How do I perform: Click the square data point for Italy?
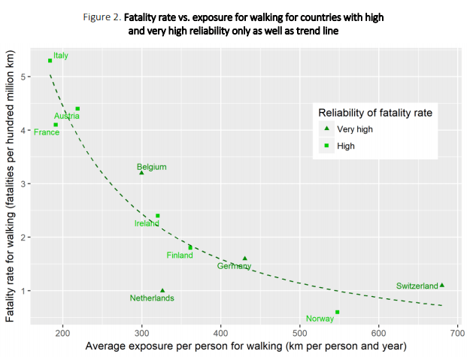tap(50, 61)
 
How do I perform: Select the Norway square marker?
tap(337, 312)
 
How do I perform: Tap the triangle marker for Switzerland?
tap(442, 285)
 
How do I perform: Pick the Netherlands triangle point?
tap(162, 290)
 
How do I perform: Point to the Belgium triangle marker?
tap(141, 172)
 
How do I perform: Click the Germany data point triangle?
tap(244, 258)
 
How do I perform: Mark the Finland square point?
tap(190, 247)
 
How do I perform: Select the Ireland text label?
tap(147, 223)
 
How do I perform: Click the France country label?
tap(47, 132)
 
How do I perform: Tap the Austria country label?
tap(67, 116)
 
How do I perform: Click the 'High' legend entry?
tap(346, 147)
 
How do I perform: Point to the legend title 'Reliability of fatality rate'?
tap(374, 112)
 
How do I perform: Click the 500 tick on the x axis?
tap(300, 331)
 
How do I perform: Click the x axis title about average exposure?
tap(246, 346)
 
